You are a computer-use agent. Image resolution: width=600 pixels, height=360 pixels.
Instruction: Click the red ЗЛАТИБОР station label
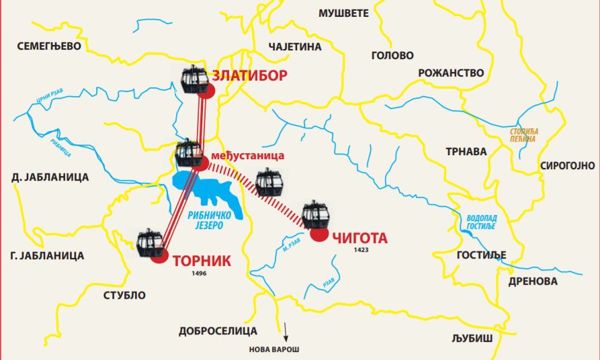(249, 75)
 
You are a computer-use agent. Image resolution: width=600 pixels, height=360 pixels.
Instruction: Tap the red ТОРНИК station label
(202, 261)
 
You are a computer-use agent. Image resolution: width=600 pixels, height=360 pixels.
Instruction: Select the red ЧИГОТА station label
(360, 238)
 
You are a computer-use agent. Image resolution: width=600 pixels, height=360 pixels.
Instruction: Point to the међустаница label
(247, 156)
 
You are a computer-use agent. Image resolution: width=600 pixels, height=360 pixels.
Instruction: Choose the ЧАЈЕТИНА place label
(295, 47)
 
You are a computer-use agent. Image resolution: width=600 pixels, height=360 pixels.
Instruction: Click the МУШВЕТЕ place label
(345, 13)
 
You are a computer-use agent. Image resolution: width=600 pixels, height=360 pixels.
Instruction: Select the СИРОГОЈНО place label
(567, 165)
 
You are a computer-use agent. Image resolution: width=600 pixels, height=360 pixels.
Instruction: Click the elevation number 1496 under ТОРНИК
(198, 274)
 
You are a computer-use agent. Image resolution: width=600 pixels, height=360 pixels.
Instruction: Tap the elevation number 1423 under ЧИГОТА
(360, 250)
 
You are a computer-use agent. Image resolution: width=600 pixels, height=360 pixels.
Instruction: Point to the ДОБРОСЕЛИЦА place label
(218, 330)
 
